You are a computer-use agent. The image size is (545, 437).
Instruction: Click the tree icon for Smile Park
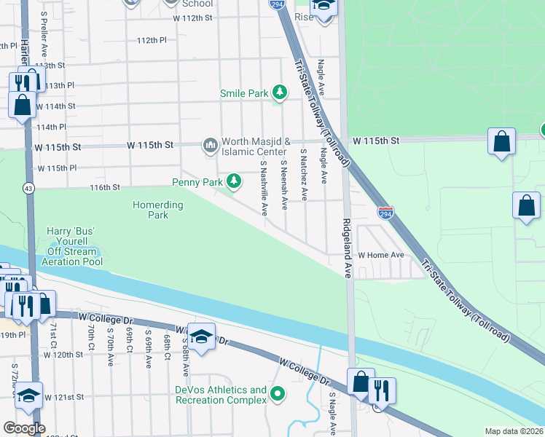click(279, 92)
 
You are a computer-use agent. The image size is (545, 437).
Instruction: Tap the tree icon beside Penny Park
click(234, 181)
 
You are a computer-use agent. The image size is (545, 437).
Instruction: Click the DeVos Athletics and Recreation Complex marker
click(277, 395)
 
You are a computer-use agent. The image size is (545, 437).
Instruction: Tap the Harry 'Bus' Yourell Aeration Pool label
click(72, 246)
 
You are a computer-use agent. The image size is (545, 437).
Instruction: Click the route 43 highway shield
click(27, 187)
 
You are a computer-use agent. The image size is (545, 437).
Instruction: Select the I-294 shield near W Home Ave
click(387, 213)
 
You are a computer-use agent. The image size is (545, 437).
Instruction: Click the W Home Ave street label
click(380, 256)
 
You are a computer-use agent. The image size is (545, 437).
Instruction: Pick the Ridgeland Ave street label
click(348, 248)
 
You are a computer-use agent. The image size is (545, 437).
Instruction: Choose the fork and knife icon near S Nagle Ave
click(382, 390)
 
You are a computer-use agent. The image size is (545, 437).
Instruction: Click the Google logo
click(24, 428)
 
